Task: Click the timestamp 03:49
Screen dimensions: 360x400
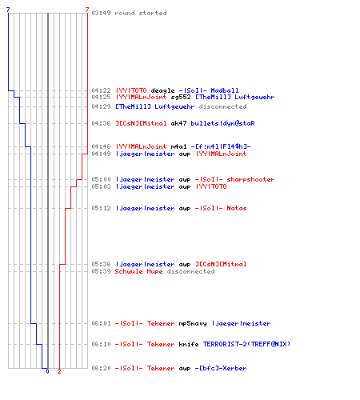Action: click(101, 13)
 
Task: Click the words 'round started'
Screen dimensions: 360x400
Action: click(141, 13)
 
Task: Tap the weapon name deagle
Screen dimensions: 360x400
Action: click(162, 90)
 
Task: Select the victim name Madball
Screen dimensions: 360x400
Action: click(225, 90)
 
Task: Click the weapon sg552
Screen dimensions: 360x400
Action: click(181, 97)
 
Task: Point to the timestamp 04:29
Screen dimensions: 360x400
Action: click(101, 106)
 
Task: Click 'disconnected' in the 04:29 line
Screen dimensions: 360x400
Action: click(222, 106)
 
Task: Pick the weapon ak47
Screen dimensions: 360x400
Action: click(178, 123)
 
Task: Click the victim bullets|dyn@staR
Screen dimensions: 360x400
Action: click(222, 123)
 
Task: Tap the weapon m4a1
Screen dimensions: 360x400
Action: click(178, 146)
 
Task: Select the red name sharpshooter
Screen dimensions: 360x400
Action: click(250, 179)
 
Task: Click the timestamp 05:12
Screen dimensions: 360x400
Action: click(101, 208)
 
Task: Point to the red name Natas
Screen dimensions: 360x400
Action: click(237, 208)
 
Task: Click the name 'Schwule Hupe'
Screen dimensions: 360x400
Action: click(138, 271)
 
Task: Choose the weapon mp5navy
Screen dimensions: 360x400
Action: click(193, 323)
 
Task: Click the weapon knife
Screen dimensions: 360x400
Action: click(189, 344)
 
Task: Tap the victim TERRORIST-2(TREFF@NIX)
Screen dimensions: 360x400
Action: click(246, 344)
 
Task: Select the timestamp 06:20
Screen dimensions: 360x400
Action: click(101, 368)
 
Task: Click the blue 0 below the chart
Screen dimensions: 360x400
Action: click(47, 371)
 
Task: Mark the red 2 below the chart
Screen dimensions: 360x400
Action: click(59, 371)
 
